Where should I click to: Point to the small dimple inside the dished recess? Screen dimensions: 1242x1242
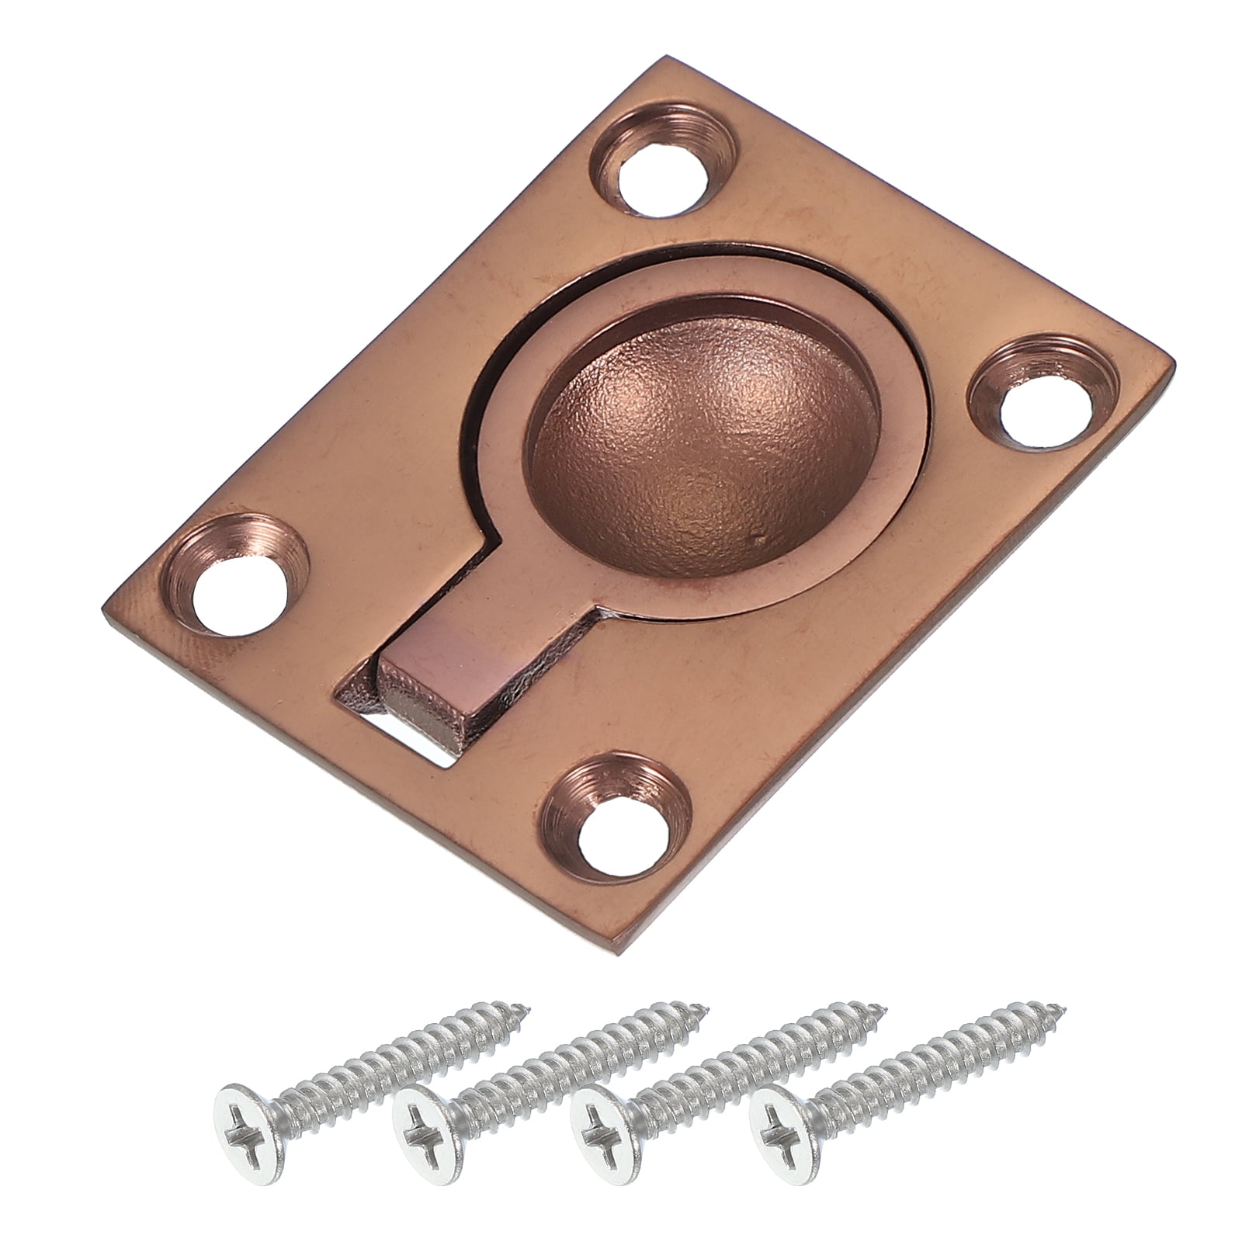(x=757, y=536)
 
